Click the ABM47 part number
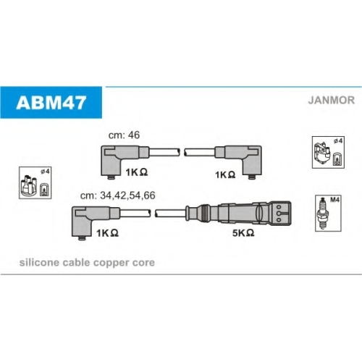pyautogui.click(x=51, y=103)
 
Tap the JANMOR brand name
pyautogui.click(x=332, y=100)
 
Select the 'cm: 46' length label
pyautogui.click(x=124, y=135)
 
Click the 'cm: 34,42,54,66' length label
pyautogui.click(x=118, y=195)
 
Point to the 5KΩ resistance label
pyautogui.click(x=243, y=233)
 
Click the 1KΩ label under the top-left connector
pyautogui.click(x=137, y=172)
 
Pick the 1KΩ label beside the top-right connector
pyautogui.click(x=225, y=174)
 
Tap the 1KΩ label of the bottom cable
pyautogui.click(x=107, y=233)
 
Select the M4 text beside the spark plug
pyautogui.click(x=334, y=200)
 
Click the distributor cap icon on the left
pyautogui.click(x=29, y=185)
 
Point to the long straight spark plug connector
pyautogui.click(x=238, y=214)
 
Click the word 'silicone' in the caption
pyautogui.click(x=39, y=262)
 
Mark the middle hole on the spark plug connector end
pyautogui.click(x=279, y=214)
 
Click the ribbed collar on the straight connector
pyautogui.click(x=205, y=214)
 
